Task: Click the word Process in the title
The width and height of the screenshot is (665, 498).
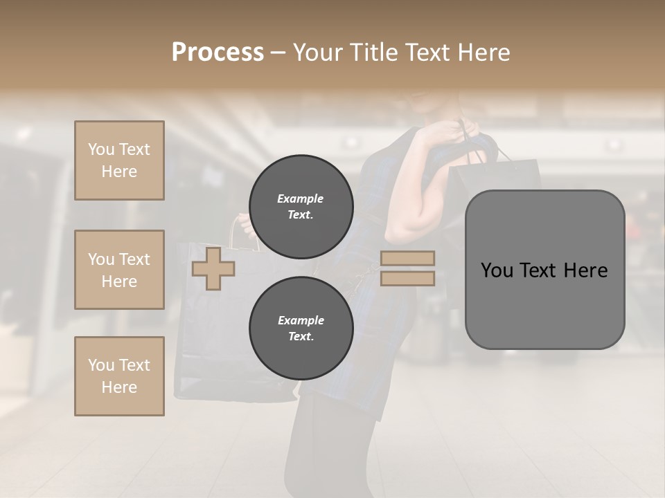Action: (218, 53)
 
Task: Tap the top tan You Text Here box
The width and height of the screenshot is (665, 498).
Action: (119, 160)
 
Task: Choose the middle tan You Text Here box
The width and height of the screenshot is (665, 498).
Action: (119, 270)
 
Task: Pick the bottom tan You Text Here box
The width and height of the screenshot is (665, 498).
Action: (119, 376)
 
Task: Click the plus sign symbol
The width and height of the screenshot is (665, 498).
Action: (213, 268)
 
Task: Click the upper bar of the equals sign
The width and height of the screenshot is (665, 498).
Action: (407, 259)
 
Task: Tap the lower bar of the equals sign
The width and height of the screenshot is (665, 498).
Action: (407, 278)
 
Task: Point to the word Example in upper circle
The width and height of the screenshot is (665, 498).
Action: (301, 199)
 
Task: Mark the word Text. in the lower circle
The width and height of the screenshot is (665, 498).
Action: (301, 337)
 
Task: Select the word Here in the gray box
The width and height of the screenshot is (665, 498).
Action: (586, 270)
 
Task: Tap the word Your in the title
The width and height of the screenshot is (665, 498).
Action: (316, 53)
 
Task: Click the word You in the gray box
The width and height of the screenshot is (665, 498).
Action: (497, 270)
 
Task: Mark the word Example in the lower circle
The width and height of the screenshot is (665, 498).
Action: (301, 320)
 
